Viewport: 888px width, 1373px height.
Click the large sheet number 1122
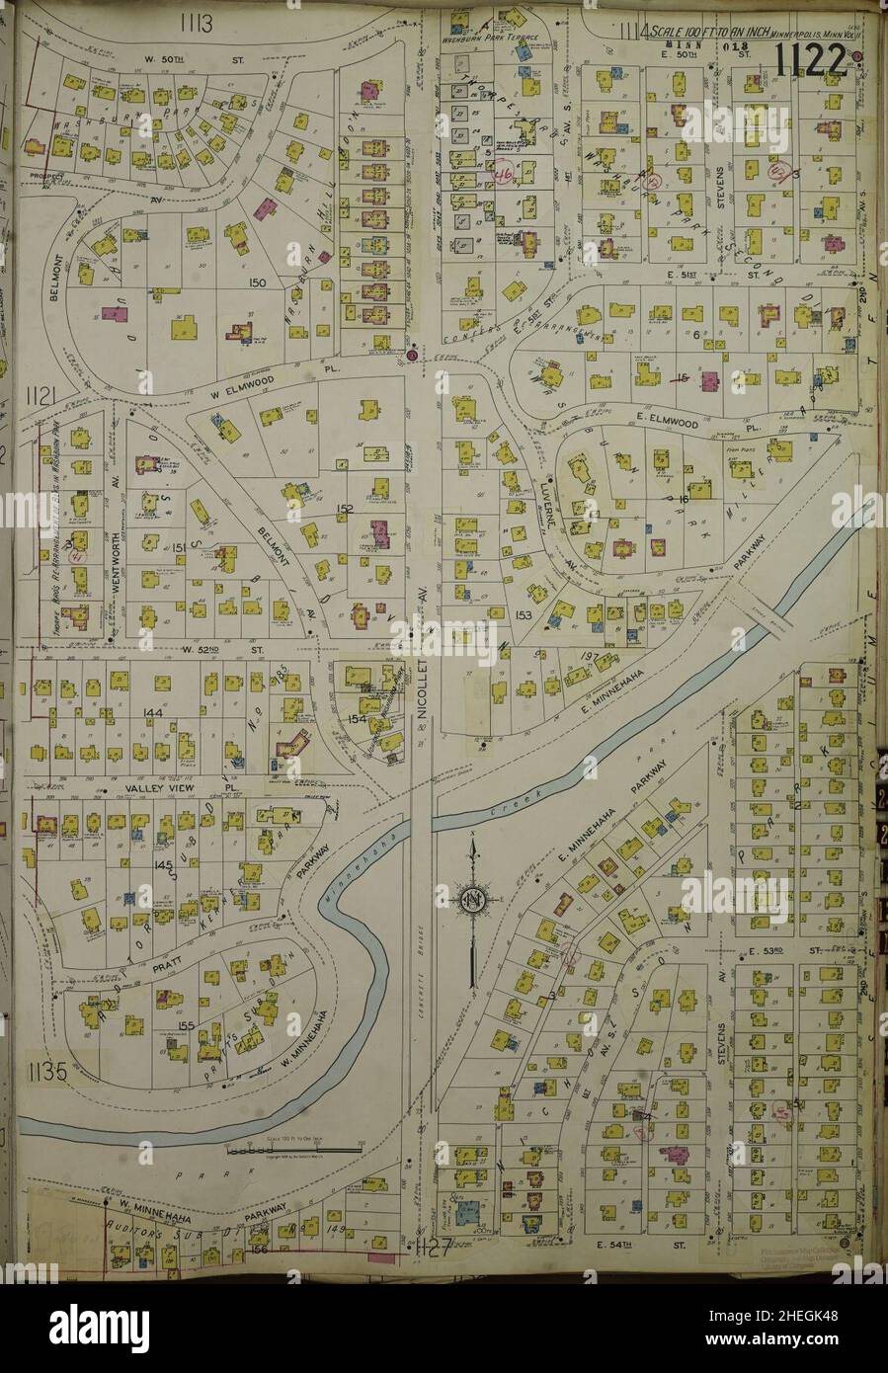811,61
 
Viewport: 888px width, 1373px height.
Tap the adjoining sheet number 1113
197,22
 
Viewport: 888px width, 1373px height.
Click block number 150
259,283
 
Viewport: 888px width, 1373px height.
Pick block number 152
345,509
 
